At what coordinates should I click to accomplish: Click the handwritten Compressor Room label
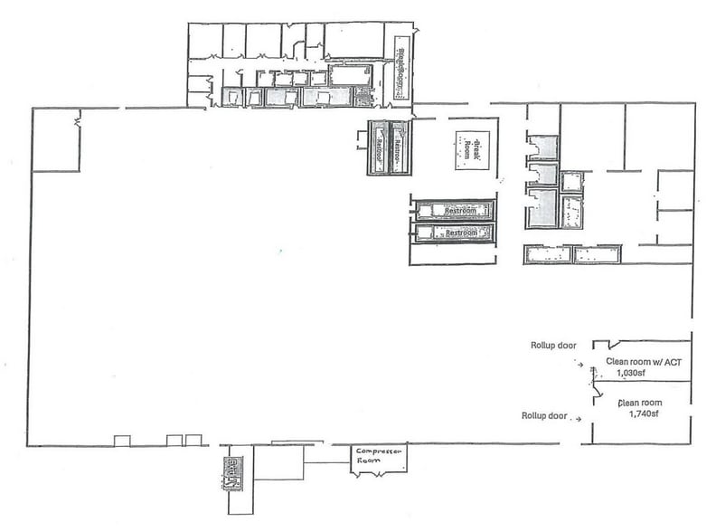point(379,456)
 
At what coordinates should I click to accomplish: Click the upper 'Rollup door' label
point(554,344)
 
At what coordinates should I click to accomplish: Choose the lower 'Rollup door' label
point(544,416)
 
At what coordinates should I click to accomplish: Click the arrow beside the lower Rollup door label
point(579,417)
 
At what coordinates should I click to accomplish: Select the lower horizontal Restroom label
point(455,233)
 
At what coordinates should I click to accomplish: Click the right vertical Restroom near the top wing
point(398,147)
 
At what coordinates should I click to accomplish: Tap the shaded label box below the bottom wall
point(231,471)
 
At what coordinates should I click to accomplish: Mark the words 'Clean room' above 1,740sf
point(640,404)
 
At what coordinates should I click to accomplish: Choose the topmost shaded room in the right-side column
point(541,147)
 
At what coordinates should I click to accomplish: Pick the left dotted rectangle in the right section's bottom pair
point(546,254)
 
